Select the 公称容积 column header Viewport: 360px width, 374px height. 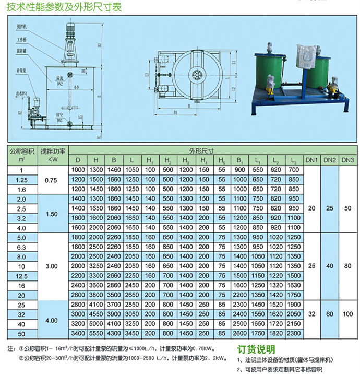point(21,150)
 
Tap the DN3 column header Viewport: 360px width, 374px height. point(347,159)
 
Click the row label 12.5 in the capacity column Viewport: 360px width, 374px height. point(21,275)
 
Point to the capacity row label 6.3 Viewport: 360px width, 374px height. point(21,247)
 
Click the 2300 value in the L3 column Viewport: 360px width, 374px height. point(294,332)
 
